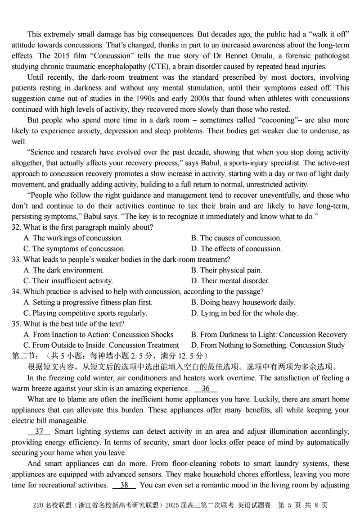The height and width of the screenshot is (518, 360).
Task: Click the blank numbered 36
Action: point(206,388)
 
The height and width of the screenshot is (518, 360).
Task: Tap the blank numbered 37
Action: point(39,431)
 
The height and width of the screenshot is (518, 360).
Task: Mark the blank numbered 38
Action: point(124,485)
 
